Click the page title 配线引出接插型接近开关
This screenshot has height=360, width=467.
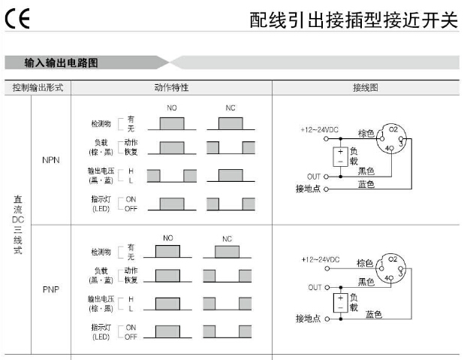point(353,20)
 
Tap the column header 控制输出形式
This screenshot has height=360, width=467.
point(38,87)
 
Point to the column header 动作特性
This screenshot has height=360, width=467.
point(171,87)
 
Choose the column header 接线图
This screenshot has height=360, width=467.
point(366,87)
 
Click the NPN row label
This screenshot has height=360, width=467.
point(51,160)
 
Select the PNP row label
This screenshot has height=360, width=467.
point(51,289)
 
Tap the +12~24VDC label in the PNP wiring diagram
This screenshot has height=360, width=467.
point(321,259)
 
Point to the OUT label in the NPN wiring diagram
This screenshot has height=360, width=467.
point(313,176)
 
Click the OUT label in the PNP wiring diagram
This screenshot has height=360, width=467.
point(315,287)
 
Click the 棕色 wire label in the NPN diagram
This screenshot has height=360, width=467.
point(366,133)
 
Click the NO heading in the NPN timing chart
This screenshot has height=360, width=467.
point(172,108)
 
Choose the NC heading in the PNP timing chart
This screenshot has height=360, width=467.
point(227,239)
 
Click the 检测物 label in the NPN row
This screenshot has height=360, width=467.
point(101,123)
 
